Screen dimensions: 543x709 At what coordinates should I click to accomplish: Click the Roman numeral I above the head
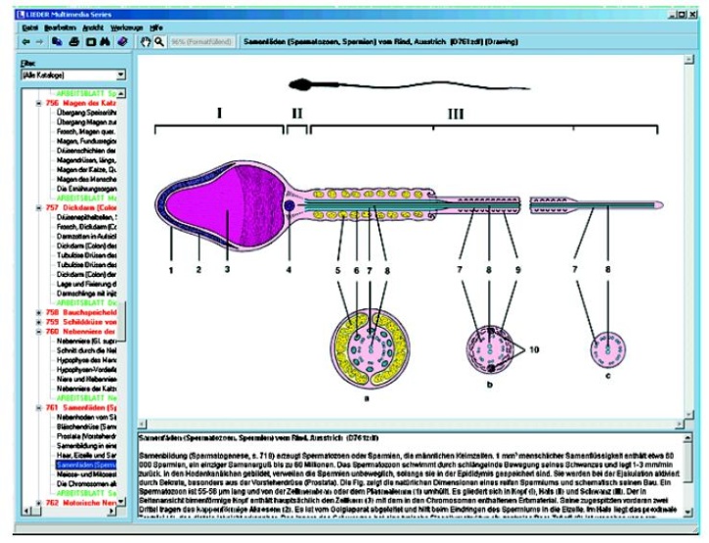[220, 113]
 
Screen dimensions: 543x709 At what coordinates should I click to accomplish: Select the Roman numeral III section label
[456, 113]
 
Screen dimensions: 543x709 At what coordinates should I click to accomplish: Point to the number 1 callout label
[169, 268]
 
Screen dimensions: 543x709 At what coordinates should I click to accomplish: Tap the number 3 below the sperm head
[226, 268]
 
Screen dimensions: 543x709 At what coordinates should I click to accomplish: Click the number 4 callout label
[289, 268]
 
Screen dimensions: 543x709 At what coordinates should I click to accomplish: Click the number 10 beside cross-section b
[534, 348]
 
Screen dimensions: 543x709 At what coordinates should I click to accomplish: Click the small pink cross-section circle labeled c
[607, 351]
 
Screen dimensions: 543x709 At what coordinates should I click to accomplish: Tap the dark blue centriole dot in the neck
[289, 207]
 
